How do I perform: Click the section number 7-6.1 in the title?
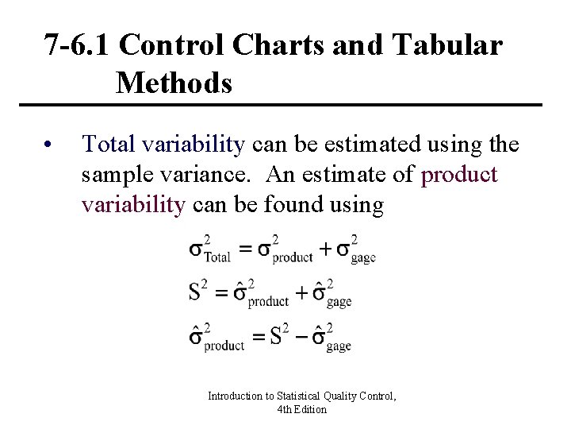(x=78, y=45)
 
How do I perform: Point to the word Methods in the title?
(x=174, y=82)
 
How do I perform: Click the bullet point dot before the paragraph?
(x=48, y=145)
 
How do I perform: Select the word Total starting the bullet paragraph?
(x=109, y=144)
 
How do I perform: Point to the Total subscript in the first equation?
(x=217, y=257)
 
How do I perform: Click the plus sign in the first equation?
(x=326, y=249)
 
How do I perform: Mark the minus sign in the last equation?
(x=299, y=337)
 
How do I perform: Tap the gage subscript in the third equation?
(x=339, y=346)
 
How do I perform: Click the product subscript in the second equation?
(x=268, y=302)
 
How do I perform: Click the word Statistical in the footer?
(x=300, y=396)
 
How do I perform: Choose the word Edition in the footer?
(x=309, y=409)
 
